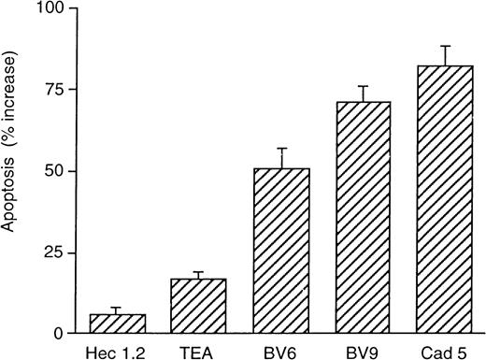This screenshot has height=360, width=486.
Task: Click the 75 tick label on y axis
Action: [52, 90]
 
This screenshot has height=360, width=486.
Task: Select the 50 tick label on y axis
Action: [52, 171]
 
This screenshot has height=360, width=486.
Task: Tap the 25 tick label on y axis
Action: [52, 252]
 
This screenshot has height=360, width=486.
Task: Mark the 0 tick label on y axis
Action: [57, 334]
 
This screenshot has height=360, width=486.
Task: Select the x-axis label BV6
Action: [281, 352]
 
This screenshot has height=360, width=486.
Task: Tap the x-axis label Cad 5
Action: [446, 352]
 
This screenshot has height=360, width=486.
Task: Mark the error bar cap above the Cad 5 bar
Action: [446, 46]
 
